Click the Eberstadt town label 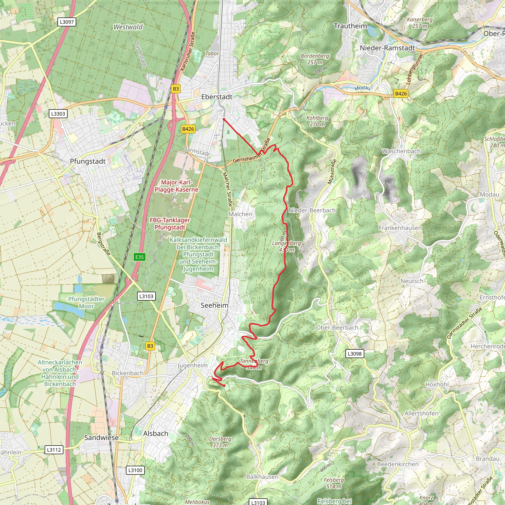217,97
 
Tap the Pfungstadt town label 88,161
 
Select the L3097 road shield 67,22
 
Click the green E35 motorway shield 139,257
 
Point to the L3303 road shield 58,114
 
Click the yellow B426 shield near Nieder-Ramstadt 401,93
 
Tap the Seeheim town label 214,305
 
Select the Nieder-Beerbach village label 312,210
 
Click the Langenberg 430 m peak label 287,247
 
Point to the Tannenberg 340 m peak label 254,364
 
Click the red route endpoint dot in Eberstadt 224,119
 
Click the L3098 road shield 354,354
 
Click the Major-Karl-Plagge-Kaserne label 177,186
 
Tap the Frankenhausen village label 400,228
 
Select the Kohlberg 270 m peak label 317,121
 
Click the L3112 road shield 54,450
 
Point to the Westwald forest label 128,27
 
